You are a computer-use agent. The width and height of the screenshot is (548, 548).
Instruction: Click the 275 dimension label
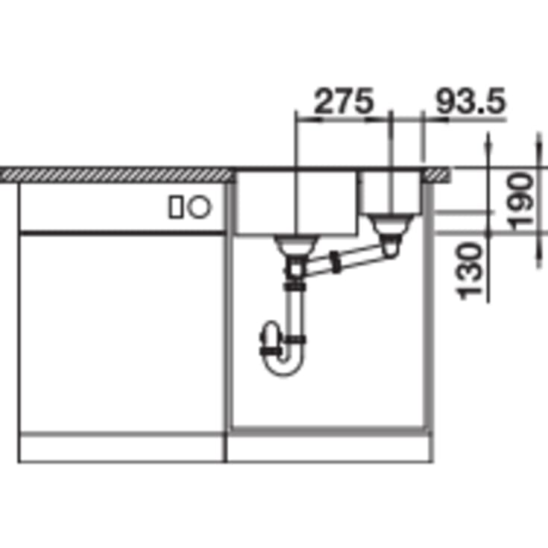tap(344, 101)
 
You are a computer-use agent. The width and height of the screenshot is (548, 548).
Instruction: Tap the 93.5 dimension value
tap(470, 101)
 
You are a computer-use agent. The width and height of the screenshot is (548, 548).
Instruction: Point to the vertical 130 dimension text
tap(469, 271)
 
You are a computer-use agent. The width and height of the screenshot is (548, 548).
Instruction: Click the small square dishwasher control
tap(175, 207)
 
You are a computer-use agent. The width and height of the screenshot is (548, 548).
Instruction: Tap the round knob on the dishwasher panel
tap(199, 207)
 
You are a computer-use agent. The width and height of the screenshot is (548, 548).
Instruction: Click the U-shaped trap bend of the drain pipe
tap(284, 365)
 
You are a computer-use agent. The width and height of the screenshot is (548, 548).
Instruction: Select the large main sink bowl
tap(297, 202)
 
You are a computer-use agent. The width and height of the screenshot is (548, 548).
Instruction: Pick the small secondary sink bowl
tap(391, 192)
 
